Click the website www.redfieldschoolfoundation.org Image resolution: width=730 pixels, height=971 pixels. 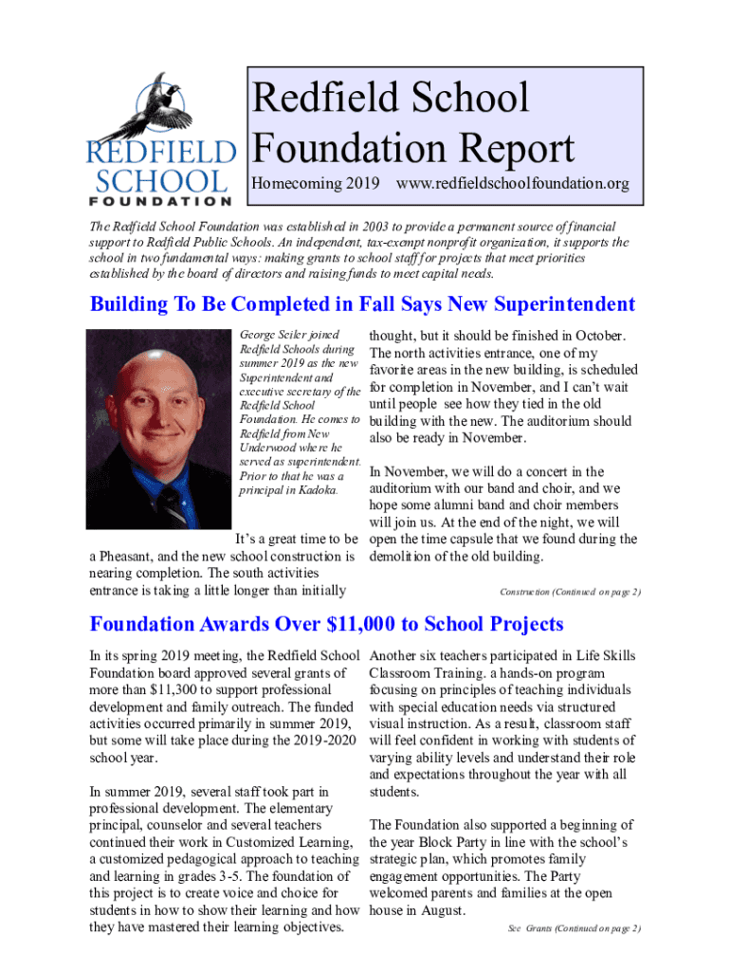coord(513,183)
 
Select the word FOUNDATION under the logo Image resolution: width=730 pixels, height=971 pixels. coord(160,201)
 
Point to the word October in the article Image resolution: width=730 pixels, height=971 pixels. coord(593,336)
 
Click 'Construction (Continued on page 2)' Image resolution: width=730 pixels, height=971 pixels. coord(570,592)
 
